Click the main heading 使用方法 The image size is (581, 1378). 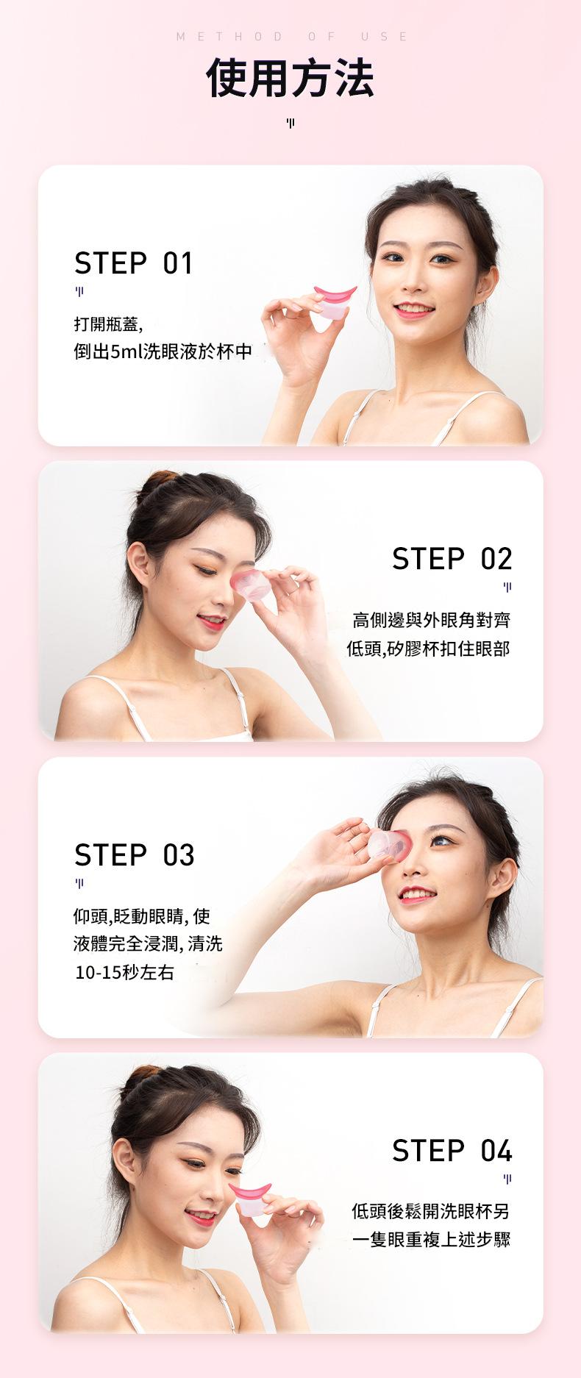tap(290, 78)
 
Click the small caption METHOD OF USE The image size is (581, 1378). tap(292, 37)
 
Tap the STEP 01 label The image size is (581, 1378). tap(133, 263)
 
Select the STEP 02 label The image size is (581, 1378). tap(452, 559)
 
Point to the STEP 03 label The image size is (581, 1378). tap(134, 855)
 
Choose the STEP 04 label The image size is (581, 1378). tap(452, 1151)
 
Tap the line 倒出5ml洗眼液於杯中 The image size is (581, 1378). tap(163, 351)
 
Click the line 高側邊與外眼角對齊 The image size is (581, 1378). tap(431, 621)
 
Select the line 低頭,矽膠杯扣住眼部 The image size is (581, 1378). tap(428, 649)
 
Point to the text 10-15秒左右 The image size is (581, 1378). tap(124, 973)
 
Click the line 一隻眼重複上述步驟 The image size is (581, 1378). tap(431, 1240)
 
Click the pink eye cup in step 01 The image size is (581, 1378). tap(335, 301)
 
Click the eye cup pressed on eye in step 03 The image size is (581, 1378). tap(390, 845)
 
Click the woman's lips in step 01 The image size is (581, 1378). tap(413, 310)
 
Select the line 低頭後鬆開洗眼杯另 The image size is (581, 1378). tap(431, 1211)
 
